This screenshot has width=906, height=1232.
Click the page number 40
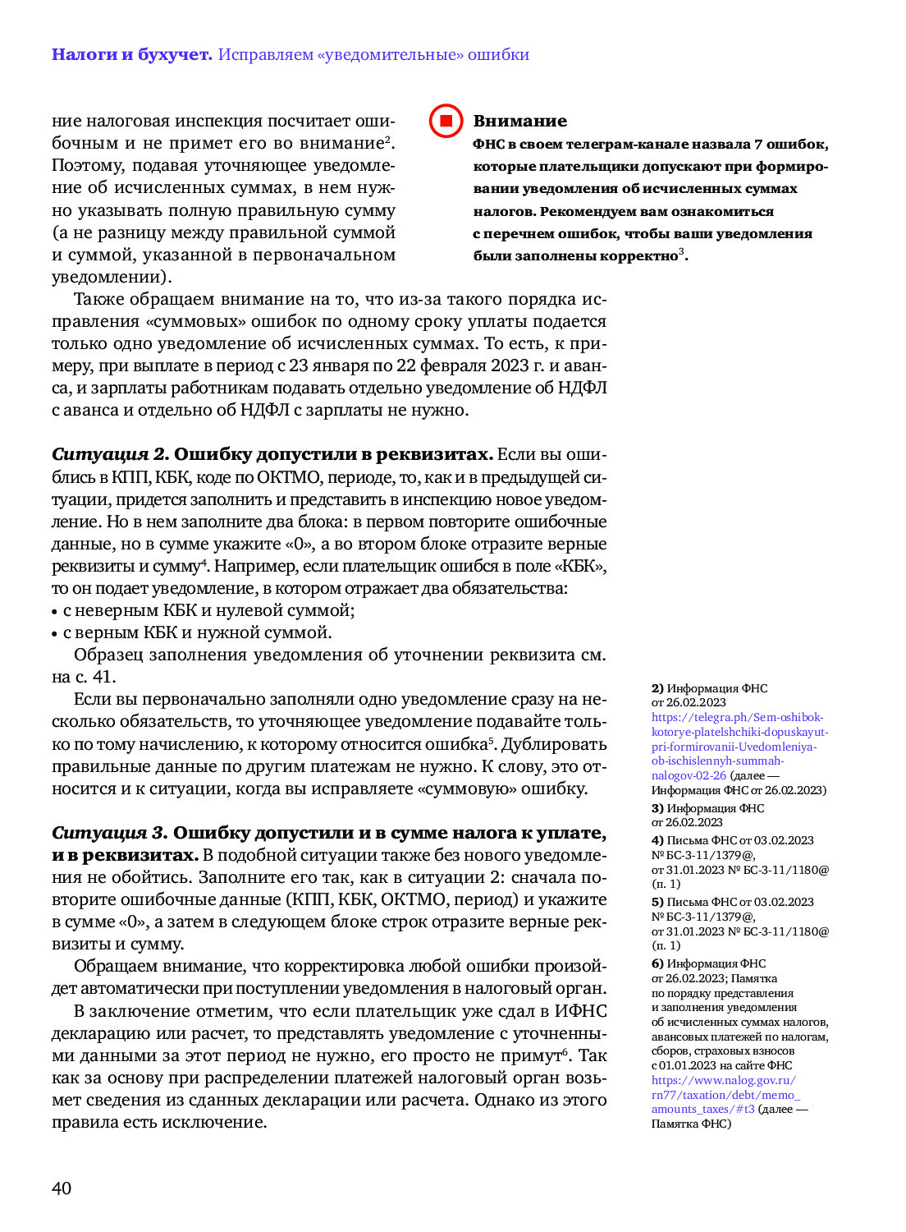click(62, 1188)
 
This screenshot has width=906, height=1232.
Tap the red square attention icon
click(446, 121)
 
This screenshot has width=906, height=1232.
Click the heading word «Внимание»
click(519, 121)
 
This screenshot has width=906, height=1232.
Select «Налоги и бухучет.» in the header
click(131, 54)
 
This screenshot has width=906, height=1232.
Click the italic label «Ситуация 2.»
click(110, 454)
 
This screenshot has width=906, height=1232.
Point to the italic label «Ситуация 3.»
click(109, 833)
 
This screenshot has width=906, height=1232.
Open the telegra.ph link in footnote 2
click(739, 746)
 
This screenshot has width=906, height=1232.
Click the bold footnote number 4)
click(657, 840)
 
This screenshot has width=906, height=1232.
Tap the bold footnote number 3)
click(657, 808)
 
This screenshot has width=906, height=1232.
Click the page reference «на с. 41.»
click(84, 677)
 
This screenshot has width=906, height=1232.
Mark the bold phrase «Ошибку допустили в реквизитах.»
click(333, 454)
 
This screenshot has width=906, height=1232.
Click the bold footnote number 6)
click(657, 963)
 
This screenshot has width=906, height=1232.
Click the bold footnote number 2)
click(657, 688)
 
